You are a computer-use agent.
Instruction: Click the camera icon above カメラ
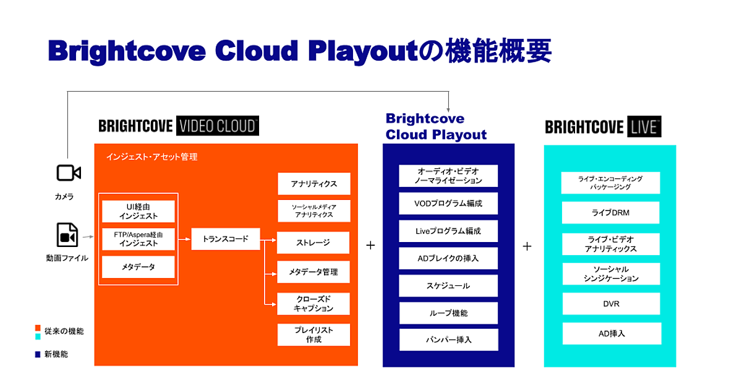(x=68, y=173)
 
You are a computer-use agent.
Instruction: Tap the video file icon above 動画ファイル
(x=67, y=235)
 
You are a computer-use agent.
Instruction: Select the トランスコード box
(x=226, y=238)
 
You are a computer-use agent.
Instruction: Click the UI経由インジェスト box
(x=139, y=211)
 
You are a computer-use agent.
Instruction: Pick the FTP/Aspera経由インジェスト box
(x=139, y=239)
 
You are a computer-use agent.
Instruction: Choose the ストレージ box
(x=313, y=243)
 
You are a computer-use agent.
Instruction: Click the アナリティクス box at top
(x=314, y=184)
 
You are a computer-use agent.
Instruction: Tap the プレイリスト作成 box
(x=313, y=335)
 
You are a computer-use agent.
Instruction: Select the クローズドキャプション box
(x=313, y=303)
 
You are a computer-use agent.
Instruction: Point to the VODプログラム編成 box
(x=448, y=203)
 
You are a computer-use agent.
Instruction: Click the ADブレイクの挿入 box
(x=448, y=258)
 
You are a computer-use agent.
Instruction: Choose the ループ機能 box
(x=448, y=313)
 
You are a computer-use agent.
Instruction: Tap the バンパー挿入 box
(x=448, y=340)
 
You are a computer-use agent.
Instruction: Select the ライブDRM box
(x=610, y=212)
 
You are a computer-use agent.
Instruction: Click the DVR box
(x=610, y=304)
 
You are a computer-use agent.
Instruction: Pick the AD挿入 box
(x=610, y=333)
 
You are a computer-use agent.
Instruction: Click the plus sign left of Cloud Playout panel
(x=370, y=245)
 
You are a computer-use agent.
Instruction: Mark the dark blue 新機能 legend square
(x=38, y=355)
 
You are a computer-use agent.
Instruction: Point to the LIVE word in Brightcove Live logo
(x=646, y=128)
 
